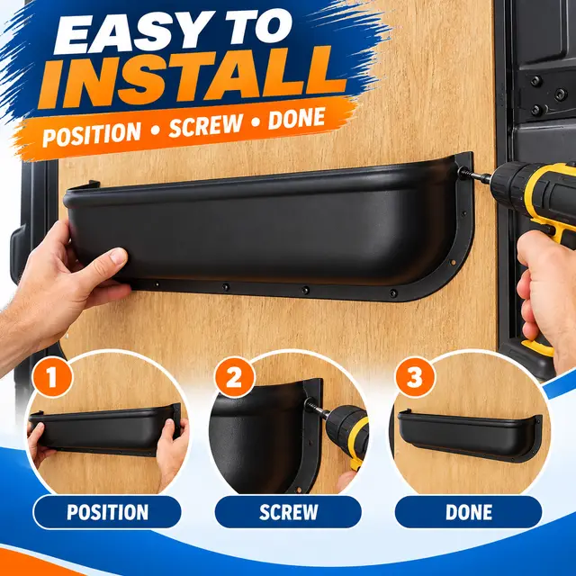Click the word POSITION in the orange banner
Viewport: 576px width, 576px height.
pyautogui.click(x=92, y=134)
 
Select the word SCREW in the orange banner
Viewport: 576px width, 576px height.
pyautogui.click(x=205, y=125)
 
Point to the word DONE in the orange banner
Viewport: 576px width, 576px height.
pyautogui.click(x=296, y=119)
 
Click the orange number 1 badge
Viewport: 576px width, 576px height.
pyautogui.click(x=52, y=376)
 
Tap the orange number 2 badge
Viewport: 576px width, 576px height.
pyautogui.click(x=235, y=377)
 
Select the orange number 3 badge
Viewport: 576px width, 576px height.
pyautogui.click(x=415, y=377)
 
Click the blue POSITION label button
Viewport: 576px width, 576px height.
pyautogui.click(x=107, y=512)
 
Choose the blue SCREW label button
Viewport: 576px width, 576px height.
pyautogui.click(x=288, y=512)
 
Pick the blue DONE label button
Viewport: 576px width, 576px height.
pyautogui.click(x=468, y=512)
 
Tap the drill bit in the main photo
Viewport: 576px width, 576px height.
pyautogui.click(x=474, y=175)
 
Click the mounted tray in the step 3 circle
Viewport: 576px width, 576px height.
pyautogui.click(x=467, y=436)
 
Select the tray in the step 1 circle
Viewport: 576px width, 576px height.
pyautogui.click(x=104, y=430)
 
